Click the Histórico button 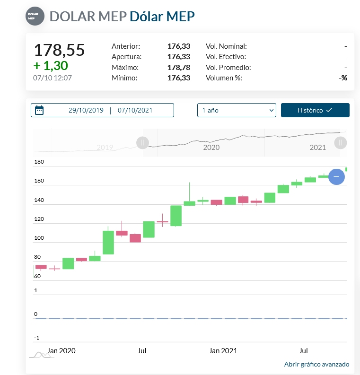click(315, 110)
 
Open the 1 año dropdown click(236, 110)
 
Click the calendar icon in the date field click(39, 111)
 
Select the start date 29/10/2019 click(86, 110)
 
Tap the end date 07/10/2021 click(135, 110)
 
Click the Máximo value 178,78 click(178, 67)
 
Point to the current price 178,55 click(59, 50)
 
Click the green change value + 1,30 click(51, 65)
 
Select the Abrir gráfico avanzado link click(316, 364)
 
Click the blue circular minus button click(336, 176)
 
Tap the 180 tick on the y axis click(39, 162)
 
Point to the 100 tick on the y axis click(39, 238)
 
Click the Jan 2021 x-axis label click(223, 351)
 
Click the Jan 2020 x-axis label click(61, 351)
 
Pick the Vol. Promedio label click(228, 67)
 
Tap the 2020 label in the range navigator click(211, 148)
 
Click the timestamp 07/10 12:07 click(53, 78)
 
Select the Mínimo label click(124, 78)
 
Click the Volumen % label click(224, 78)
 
